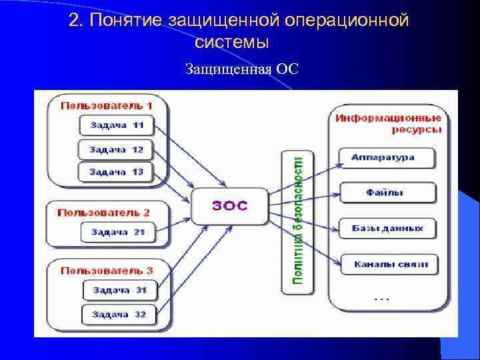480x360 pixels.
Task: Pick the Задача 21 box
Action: tap(117, 232)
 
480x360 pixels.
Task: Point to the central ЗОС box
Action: tap(230, 205)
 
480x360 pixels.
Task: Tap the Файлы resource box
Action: tap(387, 193)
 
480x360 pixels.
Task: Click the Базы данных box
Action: tap(387, 228)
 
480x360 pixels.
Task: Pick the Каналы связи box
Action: tap(390, 264)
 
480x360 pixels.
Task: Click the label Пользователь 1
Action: tap(107, 105)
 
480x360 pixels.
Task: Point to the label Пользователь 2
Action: tap(104, 212)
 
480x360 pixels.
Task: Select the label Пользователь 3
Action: tap(107, 270)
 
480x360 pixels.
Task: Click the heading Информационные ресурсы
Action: tap(388, 123)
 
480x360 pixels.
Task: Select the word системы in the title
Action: tap(232, 42)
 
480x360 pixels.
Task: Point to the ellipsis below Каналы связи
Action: tap(382, 298)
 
